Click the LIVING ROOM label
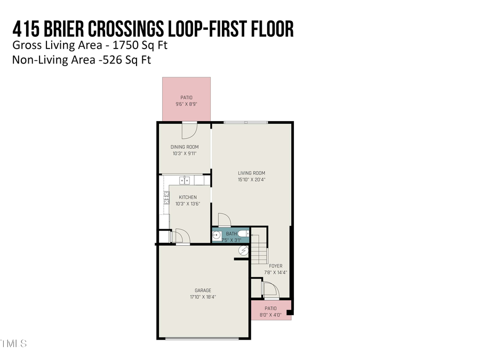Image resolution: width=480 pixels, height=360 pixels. [251, 173]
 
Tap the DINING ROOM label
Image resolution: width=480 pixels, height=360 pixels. [185, 147]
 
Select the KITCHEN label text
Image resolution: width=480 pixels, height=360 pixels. [188, 197]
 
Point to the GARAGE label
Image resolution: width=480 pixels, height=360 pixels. [203, 291]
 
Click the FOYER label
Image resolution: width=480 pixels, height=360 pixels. [276, 266]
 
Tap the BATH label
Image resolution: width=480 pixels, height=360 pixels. [231, 234]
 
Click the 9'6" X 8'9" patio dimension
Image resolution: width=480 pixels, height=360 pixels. [186, 104]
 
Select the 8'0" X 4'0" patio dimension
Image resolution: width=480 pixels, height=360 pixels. [270, 315]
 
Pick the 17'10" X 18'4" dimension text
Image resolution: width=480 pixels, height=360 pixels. [203, 297]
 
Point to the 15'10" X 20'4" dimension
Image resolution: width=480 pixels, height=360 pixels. [251, 180]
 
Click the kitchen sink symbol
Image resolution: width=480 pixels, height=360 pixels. [185, 180]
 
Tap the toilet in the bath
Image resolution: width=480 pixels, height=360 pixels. [243, 234]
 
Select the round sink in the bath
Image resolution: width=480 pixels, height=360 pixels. [217, 235]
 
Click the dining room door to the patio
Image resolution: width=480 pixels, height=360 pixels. [189, 130]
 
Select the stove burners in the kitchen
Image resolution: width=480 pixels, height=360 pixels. [166, 198]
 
